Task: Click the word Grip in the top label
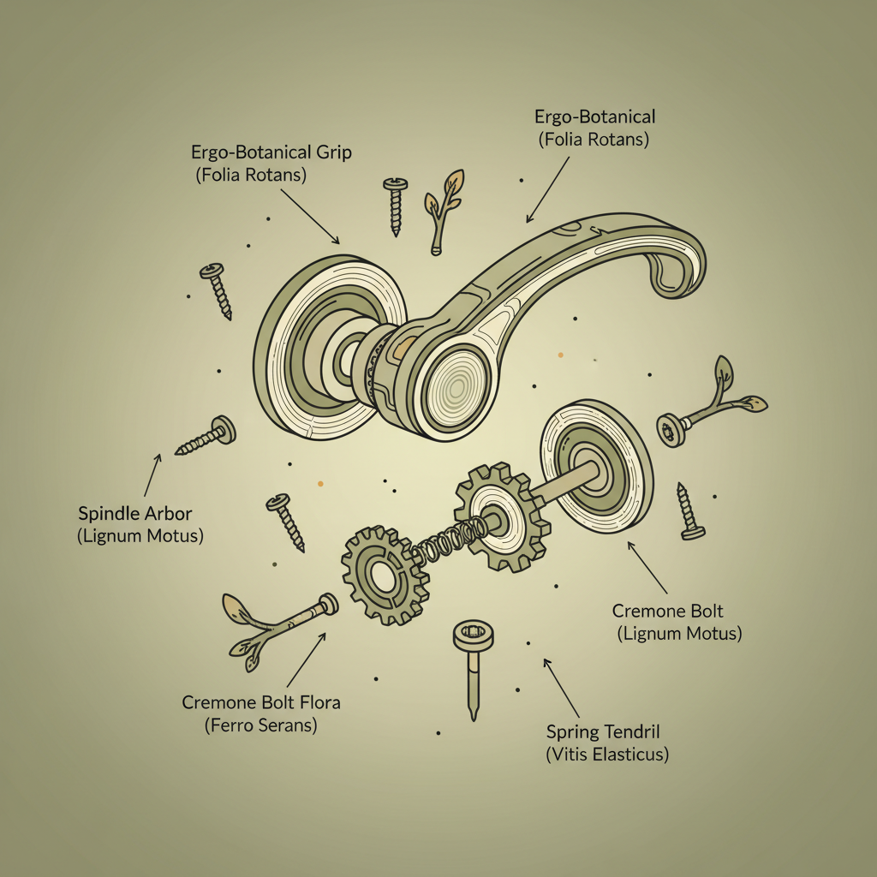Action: pos(334,152)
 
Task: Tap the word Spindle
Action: pos(109,514)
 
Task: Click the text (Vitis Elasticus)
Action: pos(607,755)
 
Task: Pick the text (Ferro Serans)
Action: pos(260,725)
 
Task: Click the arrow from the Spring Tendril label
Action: pos(562,689)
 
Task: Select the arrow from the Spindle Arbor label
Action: pos(152,474)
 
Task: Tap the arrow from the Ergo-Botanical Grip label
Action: pos(310,217)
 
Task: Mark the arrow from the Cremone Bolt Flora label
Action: pos(306,659)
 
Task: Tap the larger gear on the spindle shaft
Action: pos(503,516)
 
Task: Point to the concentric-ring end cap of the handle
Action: pos(456,387)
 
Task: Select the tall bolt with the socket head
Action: pos(473,668)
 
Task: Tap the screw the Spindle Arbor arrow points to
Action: pos(206,436)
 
